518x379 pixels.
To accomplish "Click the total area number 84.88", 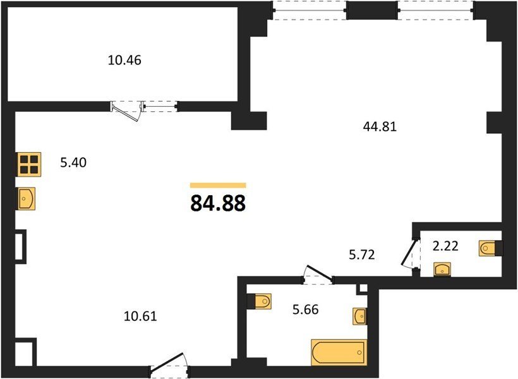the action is pyautogui.click(x=218, y=203).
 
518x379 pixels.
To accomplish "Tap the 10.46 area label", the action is pyautogui.click(x=124, y=60).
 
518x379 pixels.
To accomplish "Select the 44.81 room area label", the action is pyautogui.click(x=380, y=126).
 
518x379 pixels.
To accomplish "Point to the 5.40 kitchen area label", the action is pyautogui.click(x=73, y=162).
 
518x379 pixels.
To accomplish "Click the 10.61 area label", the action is pyautogui.click(x=140, y=316).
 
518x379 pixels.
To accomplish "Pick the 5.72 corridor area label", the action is pyautogui.click(x=362, y=255).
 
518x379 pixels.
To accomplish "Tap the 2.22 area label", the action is pyautogui.click(x=445, y=246).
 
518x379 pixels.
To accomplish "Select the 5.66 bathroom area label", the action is pyautogui.click(x=306, y=310).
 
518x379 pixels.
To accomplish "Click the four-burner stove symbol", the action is pyautogui.click(x=29, y=164).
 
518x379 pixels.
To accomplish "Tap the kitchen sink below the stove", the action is pyautogui.click(x=27, y=198).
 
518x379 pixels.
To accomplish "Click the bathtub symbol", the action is pyautogui.click(x=339, y=352).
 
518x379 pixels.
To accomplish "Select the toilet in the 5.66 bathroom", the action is pyautogui.click(x=260, y=301).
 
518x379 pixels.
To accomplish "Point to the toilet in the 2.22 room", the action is pyautogui.click(x=491, y=248).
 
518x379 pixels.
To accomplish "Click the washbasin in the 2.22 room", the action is pyautogui.click(x=442, y=269).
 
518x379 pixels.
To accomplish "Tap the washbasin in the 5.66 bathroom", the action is pyautogui.click(x=360, y=316).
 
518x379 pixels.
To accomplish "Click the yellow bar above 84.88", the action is pyautogui.click(x=218, y=185).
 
